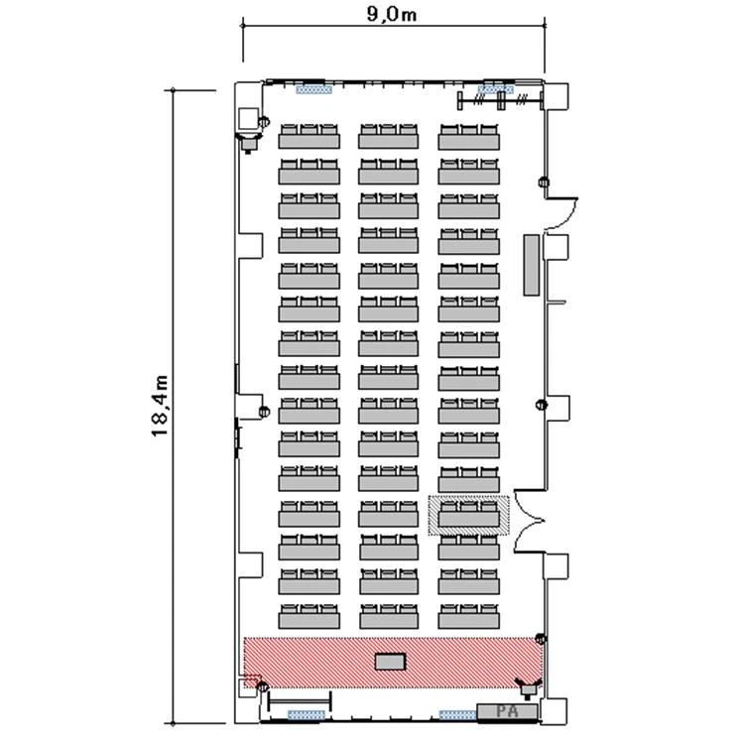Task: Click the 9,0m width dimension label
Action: [392, 14]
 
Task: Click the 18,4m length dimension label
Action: [160, 406]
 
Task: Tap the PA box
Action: [507, 711]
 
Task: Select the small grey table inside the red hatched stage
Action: [391, 661]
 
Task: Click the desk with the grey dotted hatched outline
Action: [468, 515]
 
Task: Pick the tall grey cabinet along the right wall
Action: [531, 265]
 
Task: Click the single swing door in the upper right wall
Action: [561, 213]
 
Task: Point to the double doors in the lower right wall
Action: [530, 521]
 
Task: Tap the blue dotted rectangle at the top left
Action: [313, 89]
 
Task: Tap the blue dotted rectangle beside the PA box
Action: [457, 714]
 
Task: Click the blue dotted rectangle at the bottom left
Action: [307, 714]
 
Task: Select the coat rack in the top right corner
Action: [500, 100]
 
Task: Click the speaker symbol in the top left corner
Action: [248, 142]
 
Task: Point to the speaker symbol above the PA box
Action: [528, 687]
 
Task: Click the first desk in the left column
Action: [309, 136]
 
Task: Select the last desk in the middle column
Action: [389, 616]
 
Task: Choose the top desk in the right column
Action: [468, 137]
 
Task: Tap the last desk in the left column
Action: [309, 616]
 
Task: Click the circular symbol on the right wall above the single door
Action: [545, 182]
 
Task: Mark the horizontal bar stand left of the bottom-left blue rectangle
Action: [300, 700]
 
